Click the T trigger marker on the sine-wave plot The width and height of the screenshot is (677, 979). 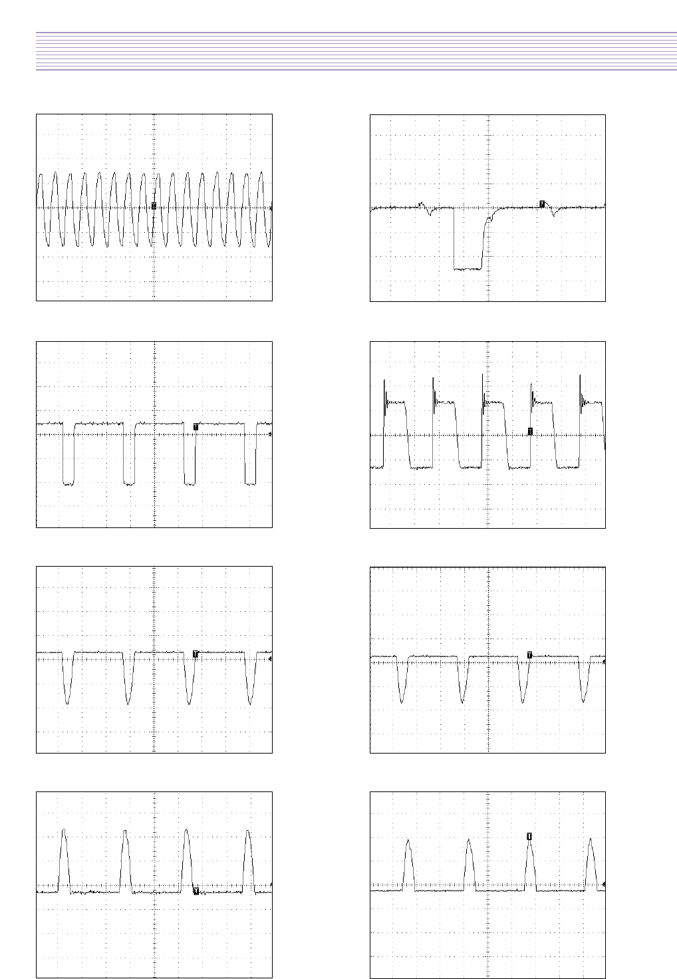pyautogui.click(x=154, y=206)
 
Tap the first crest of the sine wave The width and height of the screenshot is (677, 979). pyautogui.click(x=41, y=174)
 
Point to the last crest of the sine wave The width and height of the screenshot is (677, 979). pyautogui.click(x=261, y=173)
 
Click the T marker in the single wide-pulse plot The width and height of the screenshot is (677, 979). pyautogui.click(x=542, y=204)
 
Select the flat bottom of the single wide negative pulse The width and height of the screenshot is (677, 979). pyautogui.click(x=468, y=269)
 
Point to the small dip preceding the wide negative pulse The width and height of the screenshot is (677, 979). pyautogui.click(x=431, y=213)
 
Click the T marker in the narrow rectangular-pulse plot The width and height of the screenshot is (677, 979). pyautogui.click(x=196, y=426)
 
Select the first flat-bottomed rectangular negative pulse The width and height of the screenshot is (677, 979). pyautogui.click(x=67, y=484)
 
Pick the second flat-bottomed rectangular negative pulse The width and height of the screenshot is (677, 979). pyautogui.click(x=129, y=484)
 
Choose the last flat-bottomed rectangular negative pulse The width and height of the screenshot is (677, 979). pyautogui.click(x=251, y=484)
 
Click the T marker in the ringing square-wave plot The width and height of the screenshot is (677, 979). pyautogui.click(x=530, y=432)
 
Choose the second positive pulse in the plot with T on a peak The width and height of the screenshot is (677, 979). pyautogui.click(x=469, y=841)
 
